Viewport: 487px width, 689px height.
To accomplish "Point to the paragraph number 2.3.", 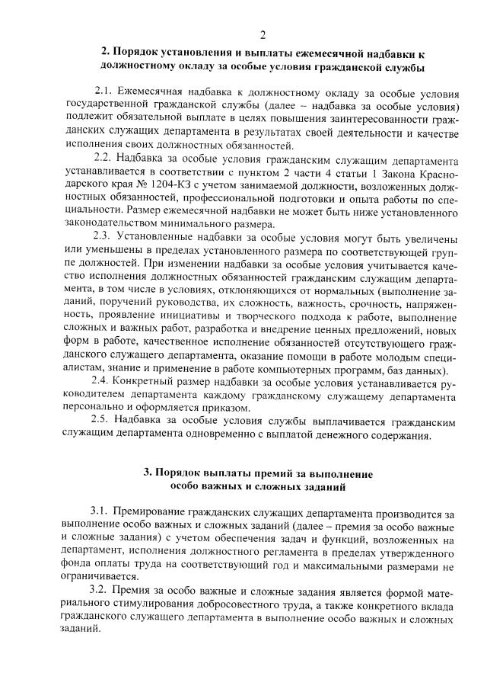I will click(103, 237).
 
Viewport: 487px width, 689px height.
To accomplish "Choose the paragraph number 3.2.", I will click(102, 591).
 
